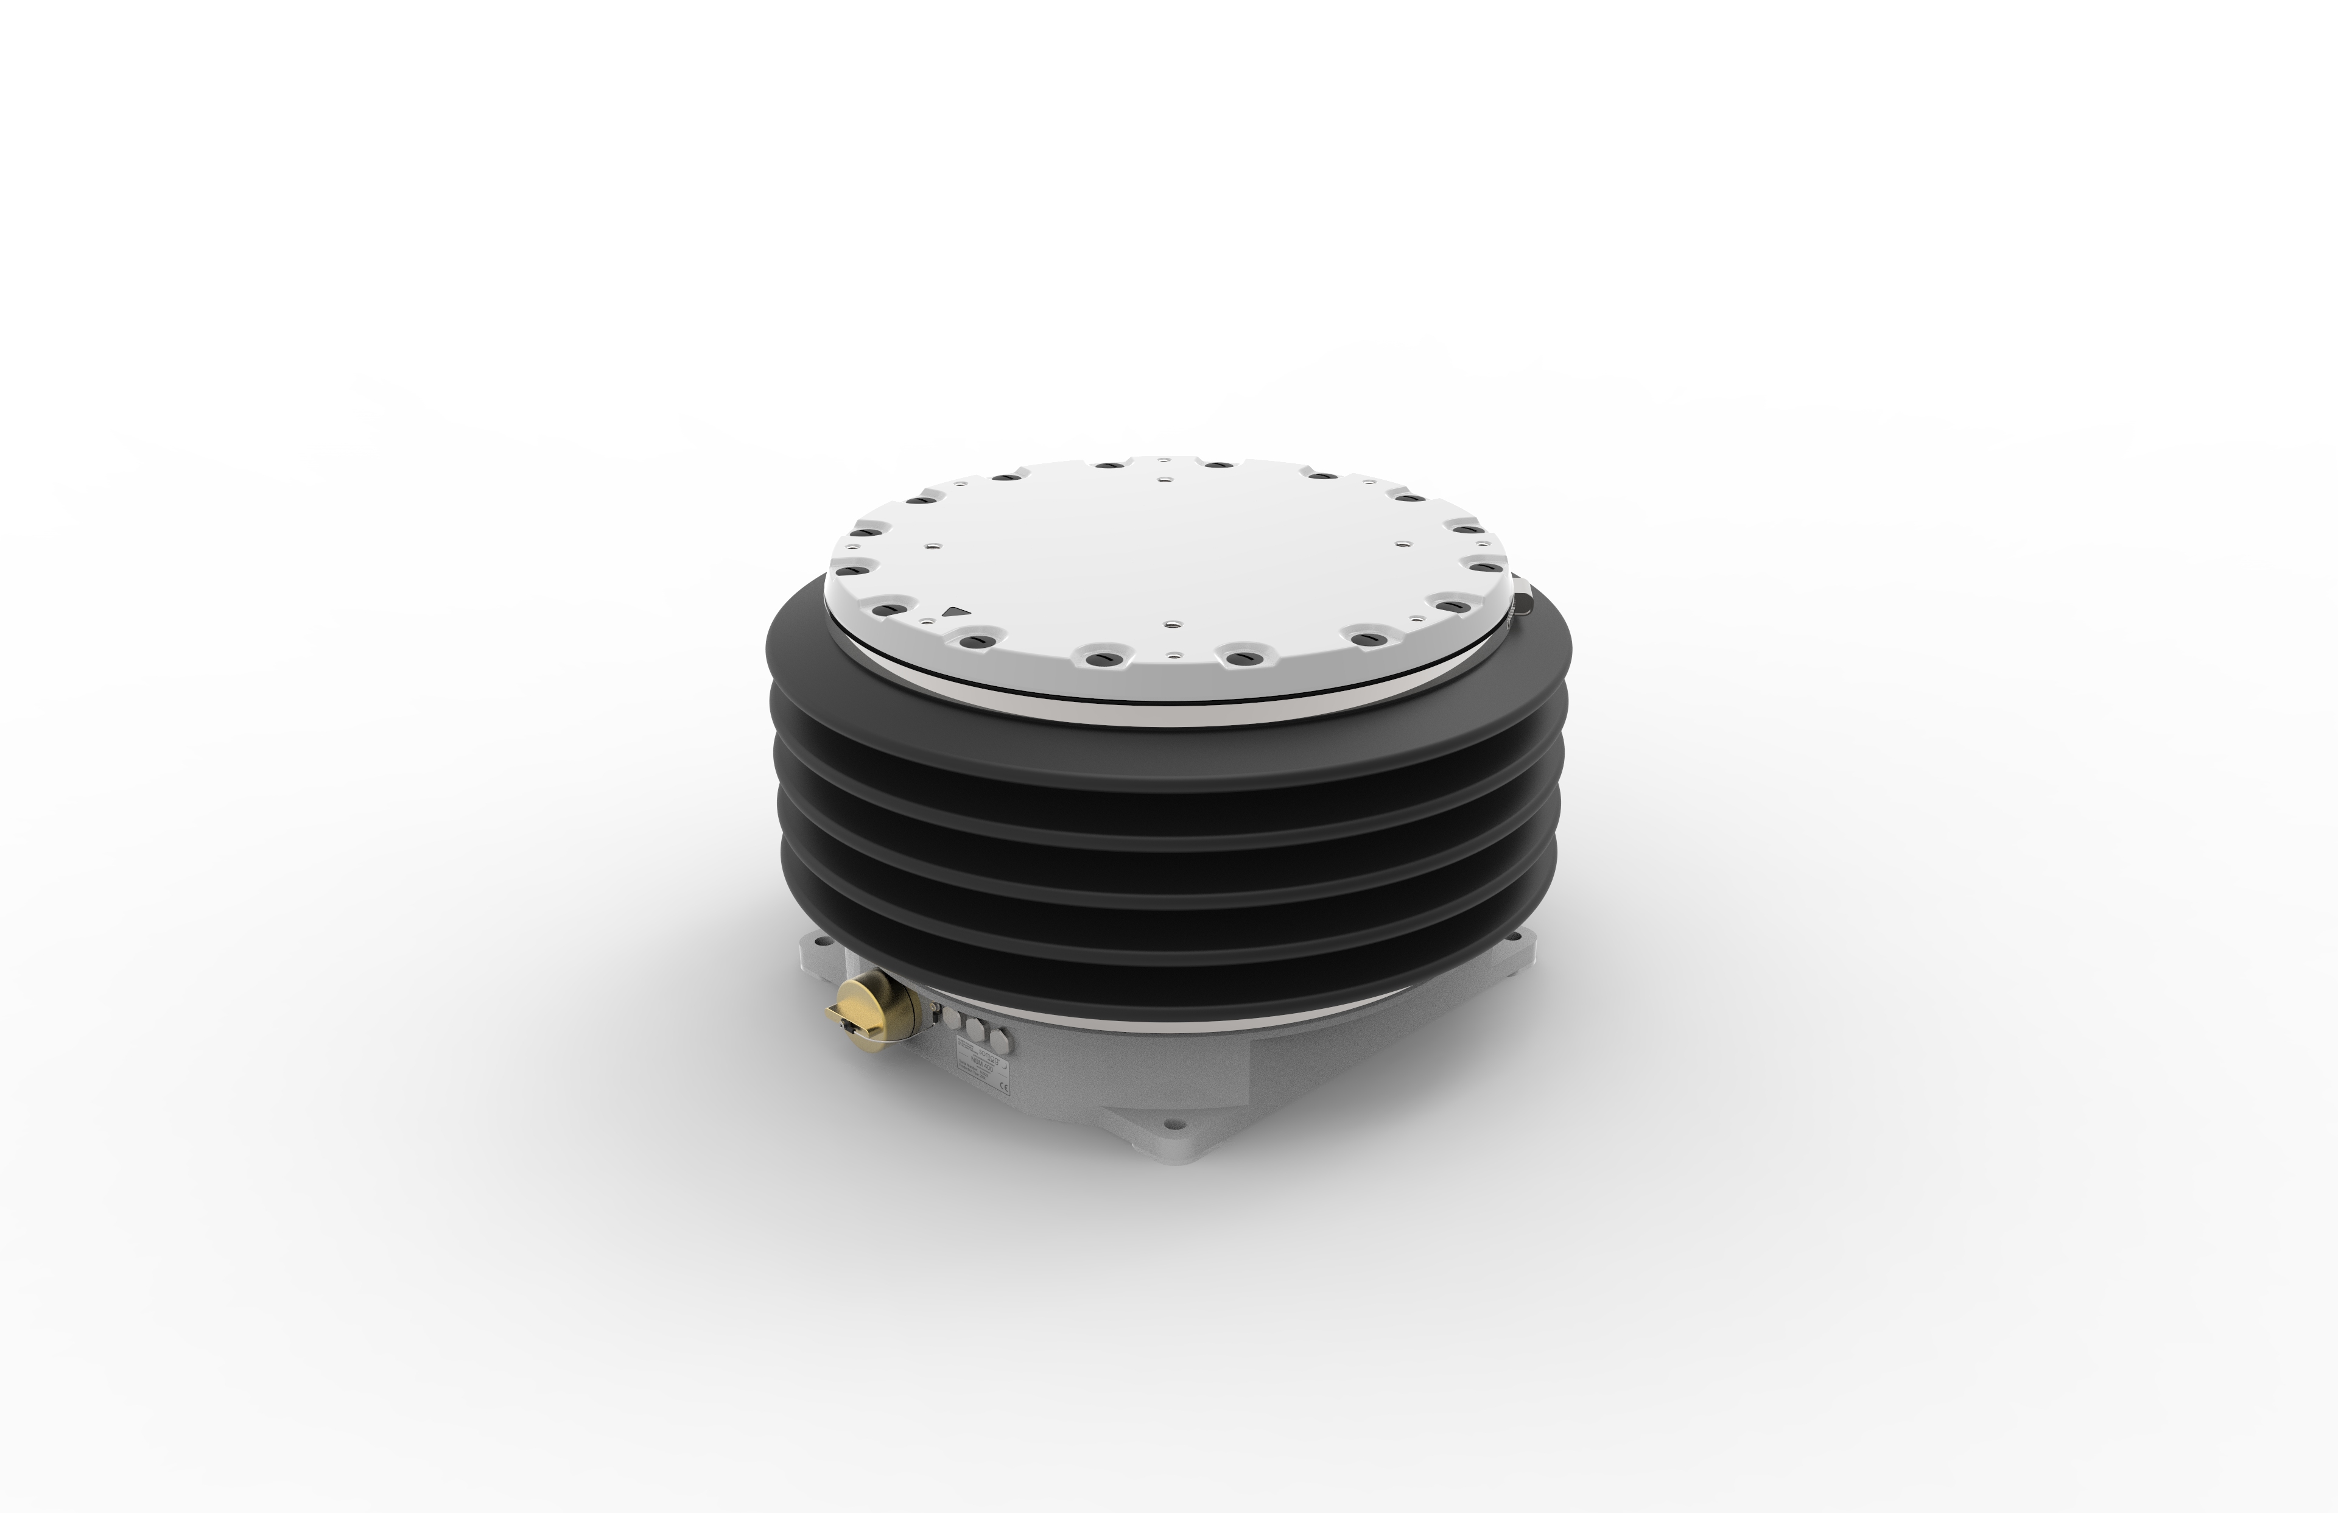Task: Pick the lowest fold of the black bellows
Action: pos(1169,992)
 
